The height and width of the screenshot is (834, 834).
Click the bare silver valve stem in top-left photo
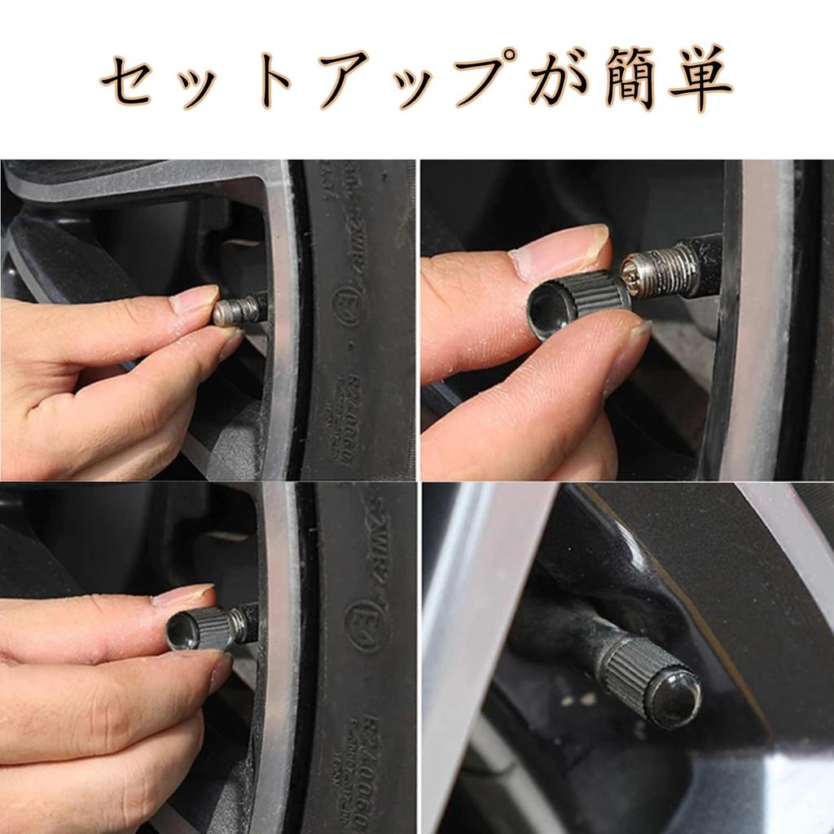(239, 310)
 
